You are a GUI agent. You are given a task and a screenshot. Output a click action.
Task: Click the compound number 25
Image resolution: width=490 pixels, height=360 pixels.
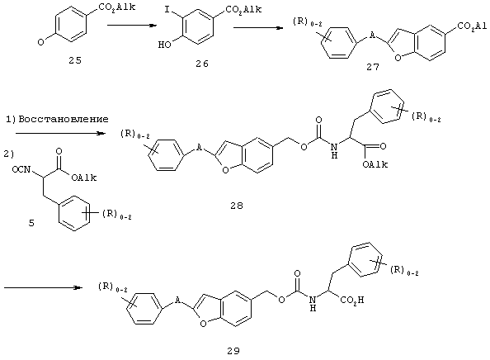tap(75, 60)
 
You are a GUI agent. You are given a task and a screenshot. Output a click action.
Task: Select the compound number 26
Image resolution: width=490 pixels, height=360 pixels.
tap(202, 64)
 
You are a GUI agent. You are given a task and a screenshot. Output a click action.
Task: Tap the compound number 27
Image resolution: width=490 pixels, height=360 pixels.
tap(373, 67)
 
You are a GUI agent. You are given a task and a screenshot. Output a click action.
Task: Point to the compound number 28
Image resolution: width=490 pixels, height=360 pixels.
tap(237, 206)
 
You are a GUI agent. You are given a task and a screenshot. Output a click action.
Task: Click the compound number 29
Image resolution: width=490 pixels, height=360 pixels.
tap(233, 351)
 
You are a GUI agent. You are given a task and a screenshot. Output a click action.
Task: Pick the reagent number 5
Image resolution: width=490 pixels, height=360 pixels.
tap(31, 223)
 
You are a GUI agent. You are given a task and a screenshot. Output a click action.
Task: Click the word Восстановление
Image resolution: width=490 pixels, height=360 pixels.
tap(64, 119)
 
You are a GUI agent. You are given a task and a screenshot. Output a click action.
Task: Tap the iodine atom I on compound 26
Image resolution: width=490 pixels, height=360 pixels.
tap(167, 11)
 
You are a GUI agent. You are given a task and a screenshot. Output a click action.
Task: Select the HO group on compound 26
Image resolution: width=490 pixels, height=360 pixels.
tap(164, 45)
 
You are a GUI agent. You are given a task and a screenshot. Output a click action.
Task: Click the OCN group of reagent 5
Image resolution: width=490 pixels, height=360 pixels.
tap(21, 169)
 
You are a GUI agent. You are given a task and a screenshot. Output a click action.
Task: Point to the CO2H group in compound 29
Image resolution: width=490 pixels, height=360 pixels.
tap(352, 301)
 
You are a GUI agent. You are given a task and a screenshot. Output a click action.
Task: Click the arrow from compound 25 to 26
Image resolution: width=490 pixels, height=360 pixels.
tap(132, 26)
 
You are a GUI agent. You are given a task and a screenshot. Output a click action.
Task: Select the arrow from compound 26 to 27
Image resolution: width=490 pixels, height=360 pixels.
tap(258, 27)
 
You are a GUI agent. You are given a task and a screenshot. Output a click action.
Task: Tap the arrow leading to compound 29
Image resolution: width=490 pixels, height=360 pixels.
tap(43, 287)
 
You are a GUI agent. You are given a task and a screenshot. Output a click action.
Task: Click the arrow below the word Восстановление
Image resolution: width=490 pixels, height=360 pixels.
tap(60, 134)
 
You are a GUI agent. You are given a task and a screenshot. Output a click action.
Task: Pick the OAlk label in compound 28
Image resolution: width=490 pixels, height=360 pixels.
tap(375, 164)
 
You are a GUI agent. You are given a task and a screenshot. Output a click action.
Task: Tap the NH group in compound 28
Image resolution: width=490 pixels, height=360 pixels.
tap(334, 150)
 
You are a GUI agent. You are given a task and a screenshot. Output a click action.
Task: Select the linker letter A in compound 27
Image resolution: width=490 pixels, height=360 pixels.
tap(372, 36)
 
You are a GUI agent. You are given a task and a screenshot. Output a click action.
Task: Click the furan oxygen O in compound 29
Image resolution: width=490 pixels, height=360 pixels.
tap(203, 324)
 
